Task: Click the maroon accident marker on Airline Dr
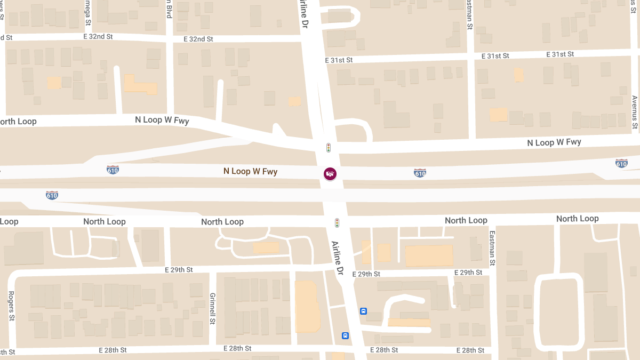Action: tap(330, 173)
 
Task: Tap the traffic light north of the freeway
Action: tap(329, 147)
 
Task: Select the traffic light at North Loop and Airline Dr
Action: tap(337, 222)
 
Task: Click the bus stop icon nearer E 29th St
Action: tap(363, 311)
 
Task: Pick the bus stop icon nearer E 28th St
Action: tap(345, 335)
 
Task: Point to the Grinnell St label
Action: tap(212, 308)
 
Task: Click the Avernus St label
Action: tap(634, 113)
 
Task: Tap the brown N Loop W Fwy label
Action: tap(250, 172)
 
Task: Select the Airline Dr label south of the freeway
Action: tap(337, 258)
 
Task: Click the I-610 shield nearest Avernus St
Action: tap(621, 163)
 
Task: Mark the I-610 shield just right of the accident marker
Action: tap(420, 173)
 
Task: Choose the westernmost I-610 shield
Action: tap(52, 195)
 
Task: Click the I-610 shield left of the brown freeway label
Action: tap(113, 170)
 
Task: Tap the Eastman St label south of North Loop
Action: tap(492, 249)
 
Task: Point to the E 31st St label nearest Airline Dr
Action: tap(339, 60)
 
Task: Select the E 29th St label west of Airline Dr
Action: tap(179, 270)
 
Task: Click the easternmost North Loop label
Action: tap(577, 219)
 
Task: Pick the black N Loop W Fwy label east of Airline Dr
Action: tap(554, 142)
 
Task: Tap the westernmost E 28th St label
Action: tap(113, 350)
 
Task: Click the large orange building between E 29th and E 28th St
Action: tap(307, 306)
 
